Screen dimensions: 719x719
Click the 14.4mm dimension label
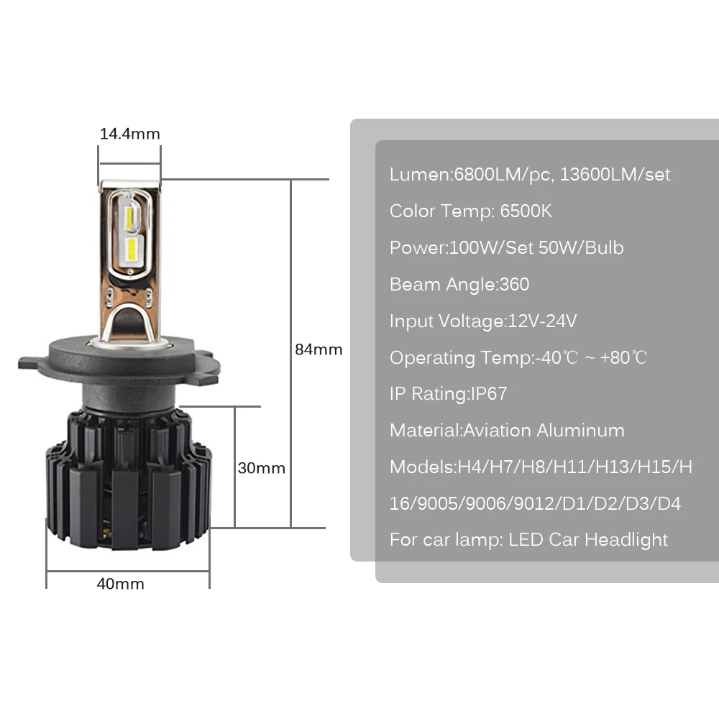point(129,134)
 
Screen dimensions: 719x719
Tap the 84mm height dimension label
point(319,349)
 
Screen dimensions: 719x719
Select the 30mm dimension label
point(262,468)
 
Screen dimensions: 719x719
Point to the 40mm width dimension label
point(121,584)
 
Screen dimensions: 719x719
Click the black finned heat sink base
point(129,479)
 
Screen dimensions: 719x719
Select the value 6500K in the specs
point(526,211)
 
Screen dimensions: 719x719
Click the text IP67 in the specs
point(489,393)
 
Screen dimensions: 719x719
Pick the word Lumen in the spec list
point(419,174)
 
